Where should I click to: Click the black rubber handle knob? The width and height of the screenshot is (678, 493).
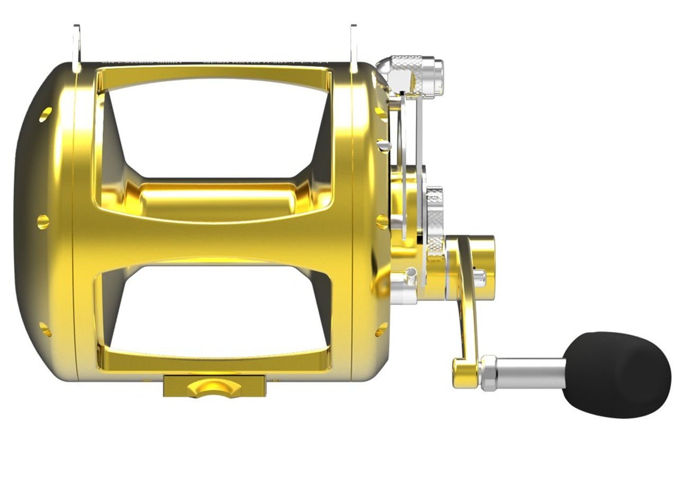[x=618, y=374]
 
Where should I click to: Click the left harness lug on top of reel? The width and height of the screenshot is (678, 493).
[x=77, y=48]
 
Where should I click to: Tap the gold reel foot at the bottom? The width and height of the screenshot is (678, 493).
[x=214, y=386]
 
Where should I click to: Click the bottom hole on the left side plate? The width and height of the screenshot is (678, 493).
[x=46, y=329]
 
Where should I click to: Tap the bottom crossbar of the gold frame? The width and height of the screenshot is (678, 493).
[x=215, y=360]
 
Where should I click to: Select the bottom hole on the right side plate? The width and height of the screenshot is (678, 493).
[x=381, y=329]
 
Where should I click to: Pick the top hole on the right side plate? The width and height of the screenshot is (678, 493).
[x=381, y=112]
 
